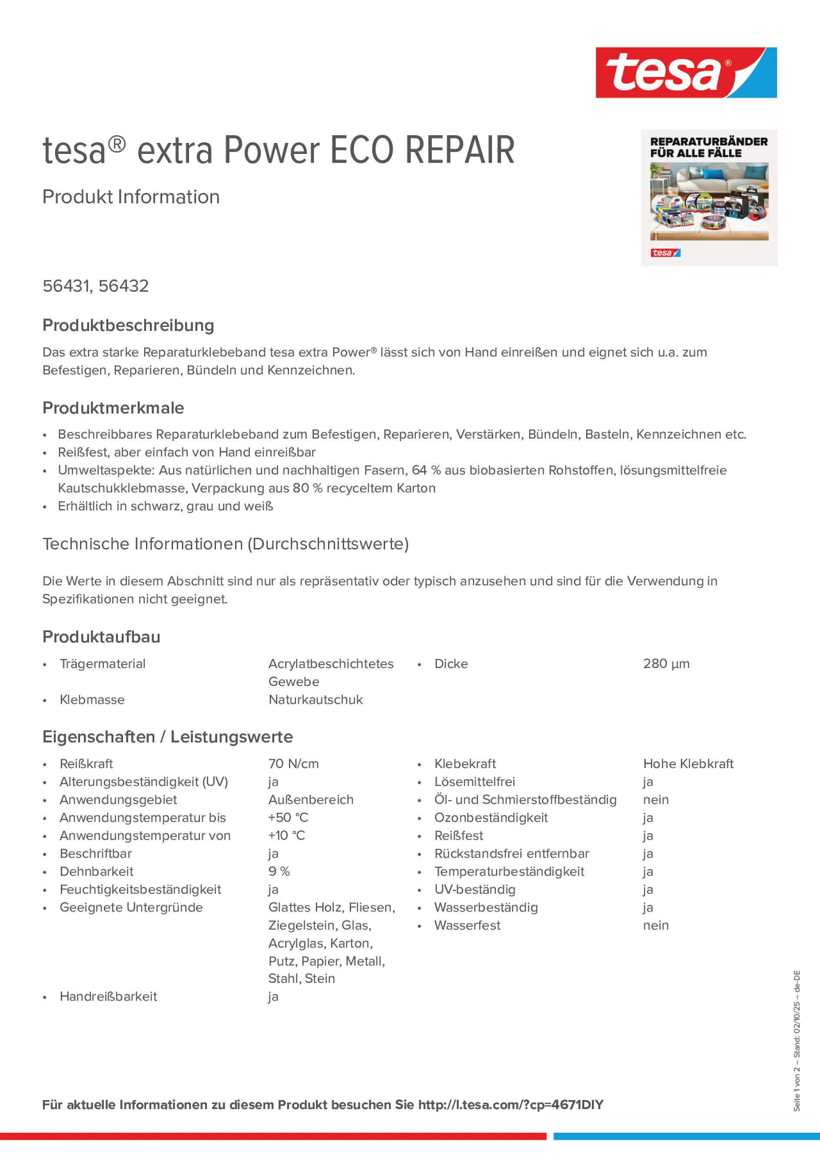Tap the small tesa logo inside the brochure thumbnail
coord(665,253)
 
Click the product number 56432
coord(123,286)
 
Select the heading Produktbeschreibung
coord(128,325)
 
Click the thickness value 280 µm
coord(666,664)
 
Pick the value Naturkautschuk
coord(315,700)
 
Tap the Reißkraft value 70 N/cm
coord(293,764)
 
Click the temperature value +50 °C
coord(288,818)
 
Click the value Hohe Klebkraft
coord(687,764)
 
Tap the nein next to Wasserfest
coord(656,925)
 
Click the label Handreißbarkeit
coord(108,997)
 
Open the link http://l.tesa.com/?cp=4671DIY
coord(511,1105)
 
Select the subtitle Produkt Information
coord(131,197)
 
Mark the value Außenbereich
coord(311,799)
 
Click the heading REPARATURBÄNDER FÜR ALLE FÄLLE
coord(708,147)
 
